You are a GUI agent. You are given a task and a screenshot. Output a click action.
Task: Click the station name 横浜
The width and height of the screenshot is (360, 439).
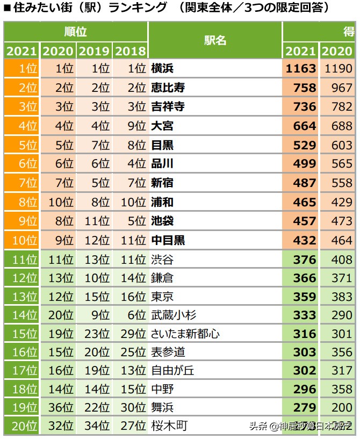click(x=162, y=69)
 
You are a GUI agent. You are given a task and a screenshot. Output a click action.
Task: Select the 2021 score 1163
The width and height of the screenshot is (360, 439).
click(x=301, y=69)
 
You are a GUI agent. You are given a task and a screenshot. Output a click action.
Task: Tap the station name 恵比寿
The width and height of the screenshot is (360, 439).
click(x=168, y=88)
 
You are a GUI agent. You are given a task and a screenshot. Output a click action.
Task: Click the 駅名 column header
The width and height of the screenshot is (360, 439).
click(x=215, y=41)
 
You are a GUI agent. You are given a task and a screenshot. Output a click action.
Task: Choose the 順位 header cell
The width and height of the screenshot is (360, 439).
click(x=75, y=32)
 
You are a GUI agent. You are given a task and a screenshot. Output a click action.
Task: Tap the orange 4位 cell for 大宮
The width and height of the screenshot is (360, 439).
click(x=21, y=126)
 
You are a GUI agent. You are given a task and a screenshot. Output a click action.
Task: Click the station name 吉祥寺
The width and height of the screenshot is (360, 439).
click(x=168, y=107)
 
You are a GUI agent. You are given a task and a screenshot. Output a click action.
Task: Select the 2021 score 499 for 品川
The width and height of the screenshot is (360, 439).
click(x=304, y=164)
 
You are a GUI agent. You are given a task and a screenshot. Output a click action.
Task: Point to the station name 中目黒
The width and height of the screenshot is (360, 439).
click(x=168, y=240)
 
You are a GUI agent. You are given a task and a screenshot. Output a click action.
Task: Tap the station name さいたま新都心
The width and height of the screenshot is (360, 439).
click(x=185, y=334)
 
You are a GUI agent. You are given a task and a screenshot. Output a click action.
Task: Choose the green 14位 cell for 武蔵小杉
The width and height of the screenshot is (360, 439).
click(x=21, y=315)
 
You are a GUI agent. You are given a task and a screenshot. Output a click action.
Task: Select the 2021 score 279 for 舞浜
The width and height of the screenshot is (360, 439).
click(x=304, y=407)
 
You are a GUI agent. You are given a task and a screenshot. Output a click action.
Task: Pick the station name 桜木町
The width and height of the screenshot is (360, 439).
click(x=169, y=426)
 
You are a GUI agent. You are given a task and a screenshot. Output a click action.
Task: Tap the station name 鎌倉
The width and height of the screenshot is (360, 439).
click(x=162, y=278)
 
